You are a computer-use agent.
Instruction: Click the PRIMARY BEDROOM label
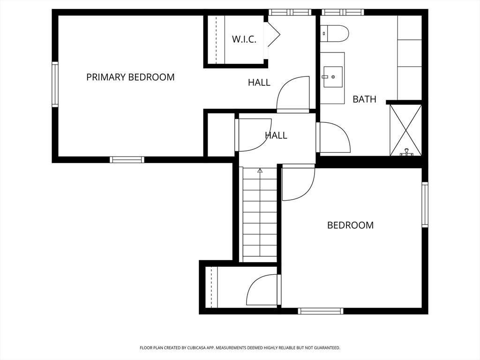point(130,77)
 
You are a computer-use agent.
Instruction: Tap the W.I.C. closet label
point(244,39)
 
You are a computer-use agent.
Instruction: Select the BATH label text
point(364,99)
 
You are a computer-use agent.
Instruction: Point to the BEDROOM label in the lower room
point(351,225)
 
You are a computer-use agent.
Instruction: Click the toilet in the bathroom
point(335,34)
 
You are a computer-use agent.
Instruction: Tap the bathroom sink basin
point(332,77)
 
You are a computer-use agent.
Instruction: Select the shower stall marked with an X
point(405,130)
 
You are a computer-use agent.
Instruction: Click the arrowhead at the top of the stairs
point(260,171)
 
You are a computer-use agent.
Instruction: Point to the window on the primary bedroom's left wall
point(55,84)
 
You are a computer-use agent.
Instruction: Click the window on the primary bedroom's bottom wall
point(127,159)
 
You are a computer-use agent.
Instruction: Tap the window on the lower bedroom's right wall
point(425,204)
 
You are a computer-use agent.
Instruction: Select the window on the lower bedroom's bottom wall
point(321,311)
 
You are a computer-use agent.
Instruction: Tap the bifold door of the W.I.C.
point(274,34)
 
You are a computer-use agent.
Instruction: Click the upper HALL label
point(259,82)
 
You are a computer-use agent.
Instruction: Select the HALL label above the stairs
point(276,135)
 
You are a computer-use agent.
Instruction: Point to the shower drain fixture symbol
point(406,152)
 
